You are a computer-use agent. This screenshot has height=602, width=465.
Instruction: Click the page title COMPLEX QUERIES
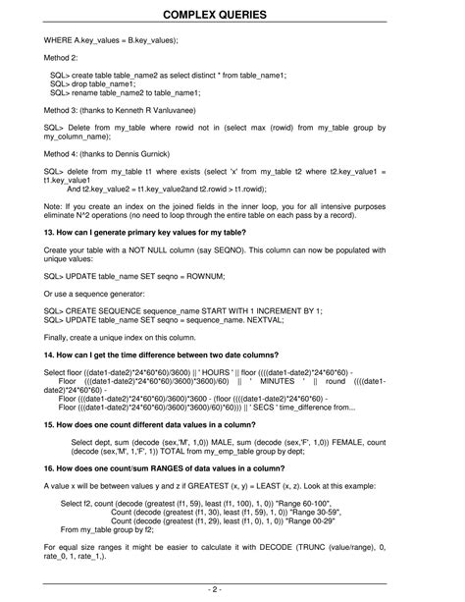coord(232,16)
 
